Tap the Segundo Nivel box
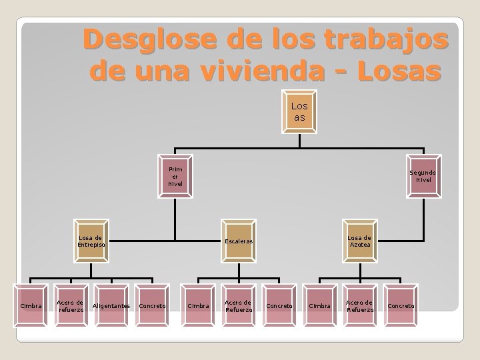(x=423, y=177)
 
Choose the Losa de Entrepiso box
(x=90, y=241)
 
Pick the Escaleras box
(x=237, y=241)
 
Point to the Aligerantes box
(x=111, y=305)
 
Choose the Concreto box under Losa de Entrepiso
(x=152, y=305)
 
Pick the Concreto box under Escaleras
(x=278, y=305)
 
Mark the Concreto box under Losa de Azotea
(x=401, y=305)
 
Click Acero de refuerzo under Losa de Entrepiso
(x=71, y=305)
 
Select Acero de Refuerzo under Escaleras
(x=237, y=305)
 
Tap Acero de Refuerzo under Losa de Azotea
(x=360, y=305)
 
